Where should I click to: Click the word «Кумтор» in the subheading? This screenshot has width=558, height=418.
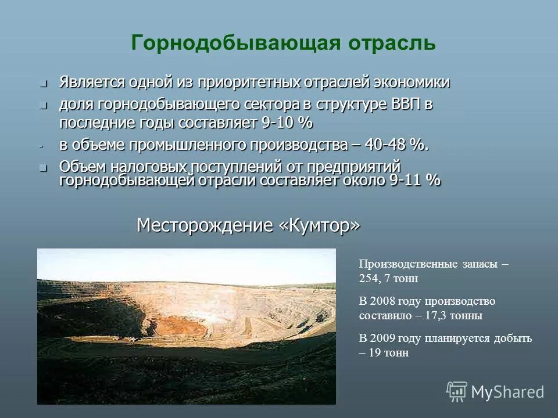point(319,225)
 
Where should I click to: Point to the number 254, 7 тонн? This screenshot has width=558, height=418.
point(388,279)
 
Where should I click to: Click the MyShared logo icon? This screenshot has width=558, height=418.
point(457,392)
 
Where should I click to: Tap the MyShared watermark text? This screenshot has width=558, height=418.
point(507,392)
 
